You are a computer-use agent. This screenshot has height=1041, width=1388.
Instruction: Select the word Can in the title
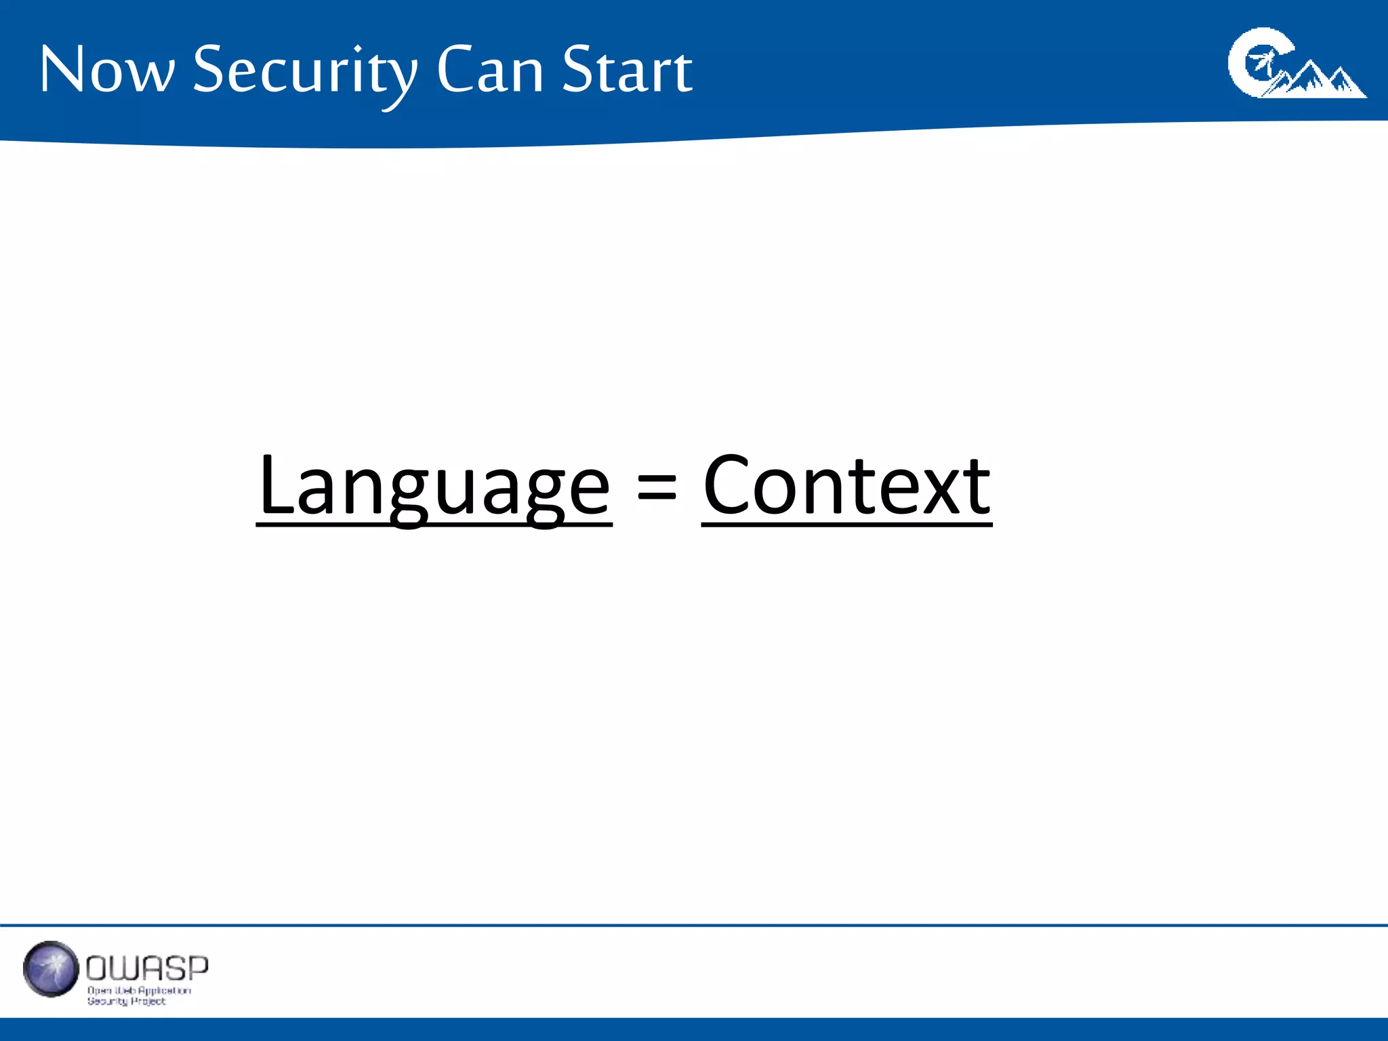[489, 70]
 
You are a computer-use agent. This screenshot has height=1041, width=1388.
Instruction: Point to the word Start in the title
[627, 70]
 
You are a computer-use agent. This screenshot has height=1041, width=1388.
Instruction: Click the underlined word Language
[434, 487]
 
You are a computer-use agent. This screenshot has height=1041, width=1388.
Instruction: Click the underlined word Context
[846, 487]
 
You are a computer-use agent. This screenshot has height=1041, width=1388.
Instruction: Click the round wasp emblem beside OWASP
[51, 968]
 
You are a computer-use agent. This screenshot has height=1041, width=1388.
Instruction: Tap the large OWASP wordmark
[147, 968]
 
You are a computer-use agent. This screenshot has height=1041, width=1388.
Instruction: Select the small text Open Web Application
[139, 990]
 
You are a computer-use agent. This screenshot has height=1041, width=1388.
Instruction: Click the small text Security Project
[126, 1001]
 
